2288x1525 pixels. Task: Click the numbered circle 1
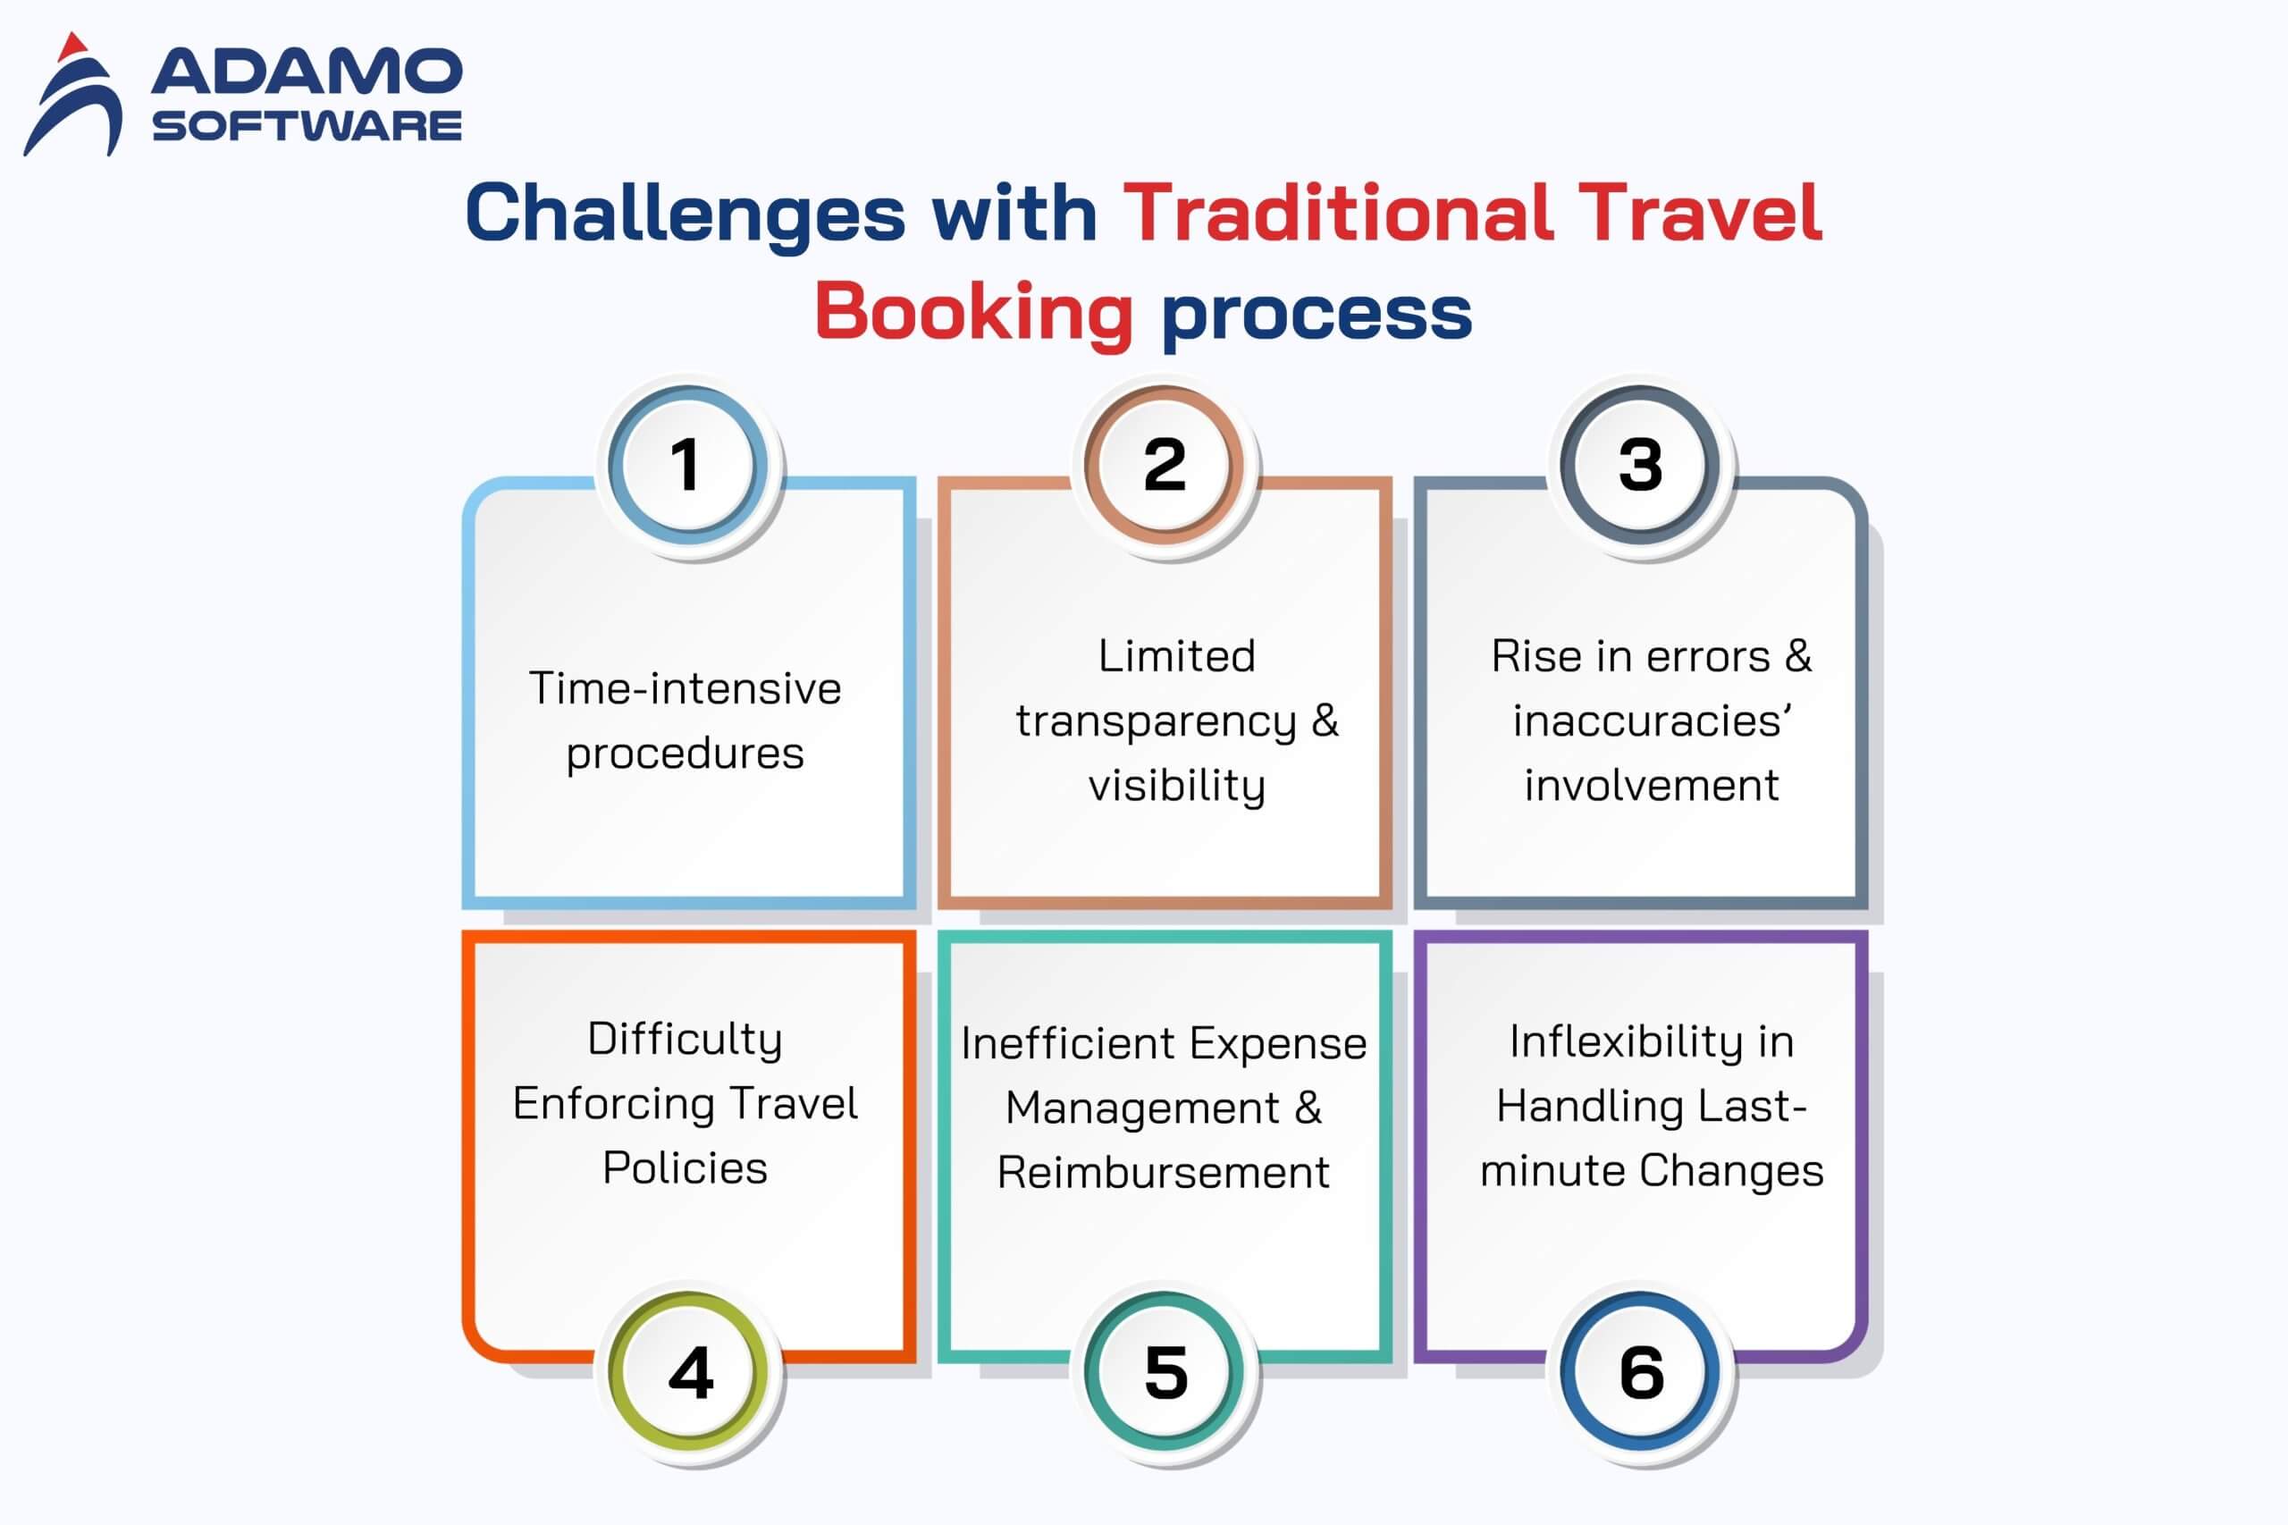[x=687, y=464]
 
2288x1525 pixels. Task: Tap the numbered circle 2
[x=1164, y=464]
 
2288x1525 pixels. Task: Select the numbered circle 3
[x=1640, y=464]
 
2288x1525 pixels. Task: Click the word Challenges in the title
[x=686, y=214]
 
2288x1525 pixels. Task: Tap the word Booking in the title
[x=973, y=311]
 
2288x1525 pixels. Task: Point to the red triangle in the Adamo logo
[x=73, y=46]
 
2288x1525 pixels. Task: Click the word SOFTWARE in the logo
[x=307, y=125]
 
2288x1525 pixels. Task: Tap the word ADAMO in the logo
[x=307, y=72]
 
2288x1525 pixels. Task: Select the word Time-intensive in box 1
[x=686, y=688]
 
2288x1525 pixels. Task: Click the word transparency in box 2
[x=1157, y=721]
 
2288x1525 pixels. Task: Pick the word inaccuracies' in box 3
[x=1651, y=721]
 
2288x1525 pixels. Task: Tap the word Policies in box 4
[x=686, y=1168]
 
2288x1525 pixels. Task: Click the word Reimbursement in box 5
[x=1163, y=1172]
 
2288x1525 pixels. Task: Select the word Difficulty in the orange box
[x=686, y=1039]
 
